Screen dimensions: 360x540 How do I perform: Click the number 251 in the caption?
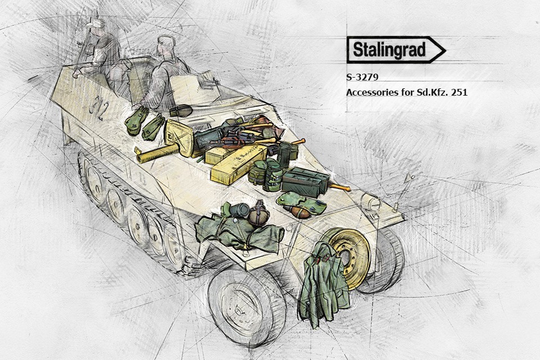tap(458, 92)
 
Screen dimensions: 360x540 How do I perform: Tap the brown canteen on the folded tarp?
tap(259, 213)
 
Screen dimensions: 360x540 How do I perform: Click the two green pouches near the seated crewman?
tap(145, 122)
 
